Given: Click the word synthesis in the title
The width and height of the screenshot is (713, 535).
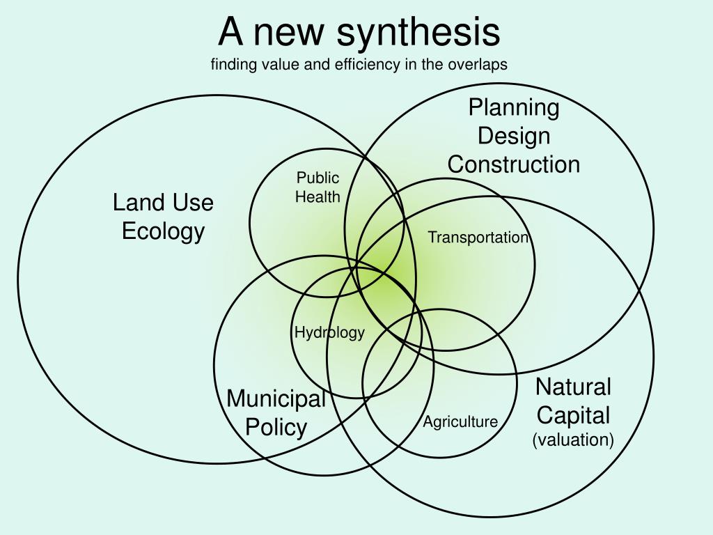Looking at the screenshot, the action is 419,32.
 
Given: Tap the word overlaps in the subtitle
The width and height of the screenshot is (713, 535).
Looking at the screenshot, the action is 480,65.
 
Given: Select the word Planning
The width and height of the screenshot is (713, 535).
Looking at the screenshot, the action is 514,108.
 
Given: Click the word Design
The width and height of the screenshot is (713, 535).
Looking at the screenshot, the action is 514,136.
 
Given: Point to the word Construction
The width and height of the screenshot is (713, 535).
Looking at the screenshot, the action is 514,164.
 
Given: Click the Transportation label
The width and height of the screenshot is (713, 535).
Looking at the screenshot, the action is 478,238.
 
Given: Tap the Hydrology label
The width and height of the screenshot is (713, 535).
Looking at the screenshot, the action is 329,332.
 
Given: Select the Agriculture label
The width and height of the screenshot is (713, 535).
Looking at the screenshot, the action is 460,421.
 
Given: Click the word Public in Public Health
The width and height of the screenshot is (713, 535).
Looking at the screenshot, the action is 318,178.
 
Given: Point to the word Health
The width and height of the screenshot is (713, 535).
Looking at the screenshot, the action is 318,197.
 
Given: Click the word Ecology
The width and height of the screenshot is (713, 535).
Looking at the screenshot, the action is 163,231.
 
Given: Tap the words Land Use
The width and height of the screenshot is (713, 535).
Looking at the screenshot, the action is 163,203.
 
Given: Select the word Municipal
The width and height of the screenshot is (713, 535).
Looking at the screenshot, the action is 276,399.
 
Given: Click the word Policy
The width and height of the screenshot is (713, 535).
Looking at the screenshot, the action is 276,427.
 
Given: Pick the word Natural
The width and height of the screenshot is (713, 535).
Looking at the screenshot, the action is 573,387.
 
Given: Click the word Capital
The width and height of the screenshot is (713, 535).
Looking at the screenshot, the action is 573,415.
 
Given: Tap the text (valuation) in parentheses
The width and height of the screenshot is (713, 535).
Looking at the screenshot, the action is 573,440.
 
